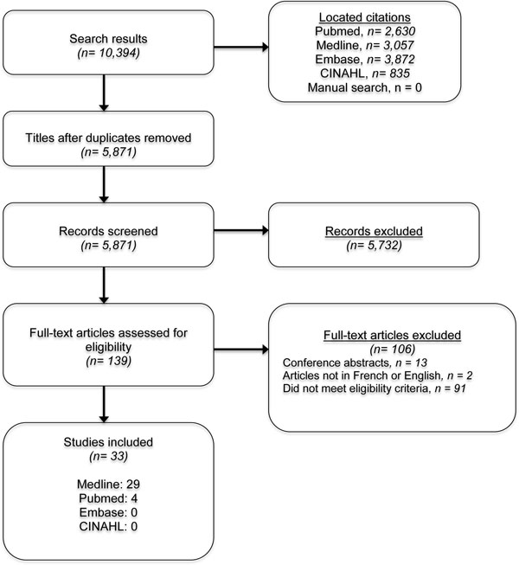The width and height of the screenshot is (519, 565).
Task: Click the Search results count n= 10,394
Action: pos(108,53)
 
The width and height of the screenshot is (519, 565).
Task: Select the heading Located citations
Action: pos(364,17)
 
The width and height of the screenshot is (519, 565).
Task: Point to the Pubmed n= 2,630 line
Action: pos(365,31)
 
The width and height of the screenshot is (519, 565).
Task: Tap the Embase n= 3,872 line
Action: pos(365,60)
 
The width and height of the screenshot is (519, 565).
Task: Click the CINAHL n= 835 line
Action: pos(365,74)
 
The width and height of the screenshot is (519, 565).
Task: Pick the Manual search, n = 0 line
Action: pos(364,87)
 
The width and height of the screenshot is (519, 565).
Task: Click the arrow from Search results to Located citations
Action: pos(241,47)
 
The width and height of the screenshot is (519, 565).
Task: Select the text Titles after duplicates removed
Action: pos(108,138)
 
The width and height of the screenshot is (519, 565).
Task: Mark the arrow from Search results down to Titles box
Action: pos(104,93)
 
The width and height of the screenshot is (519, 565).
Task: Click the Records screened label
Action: pos(108,231)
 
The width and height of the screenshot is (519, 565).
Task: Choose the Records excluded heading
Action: pos(374,231)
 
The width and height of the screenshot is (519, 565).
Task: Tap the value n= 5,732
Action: pos(374,246)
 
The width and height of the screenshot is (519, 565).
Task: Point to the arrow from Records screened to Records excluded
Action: pos(241,231)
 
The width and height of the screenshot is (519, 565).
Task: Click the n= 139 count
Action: pos(108,361)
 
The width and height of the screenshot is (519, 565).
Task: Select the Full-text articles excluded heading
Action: pos(392,335)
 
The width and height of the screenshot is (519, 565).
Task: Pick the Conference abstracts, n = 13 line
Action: pos(355,363)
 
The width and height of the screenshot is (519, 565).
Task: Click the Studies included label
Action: pos(108,442)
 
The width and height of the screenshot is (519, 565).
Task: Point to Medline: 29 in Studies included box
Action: pos(108,485)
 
